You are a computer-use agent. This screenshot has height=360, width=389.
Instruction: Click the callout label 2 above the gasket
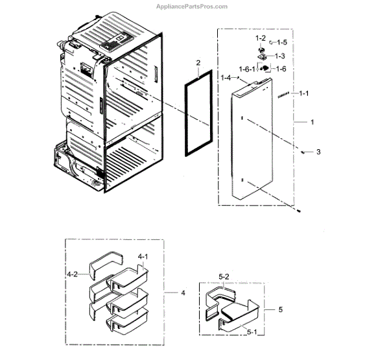click(x=198, y=64)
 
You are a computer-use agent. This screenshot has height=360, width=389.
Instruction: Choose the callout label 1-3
click(x=280, y=56)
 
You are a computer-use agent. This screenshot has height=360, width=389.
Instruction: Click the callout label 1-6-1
click(x=246, y=69)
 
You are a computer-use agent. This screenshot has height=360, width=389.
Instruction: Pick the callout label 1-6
click(x=281, y=69)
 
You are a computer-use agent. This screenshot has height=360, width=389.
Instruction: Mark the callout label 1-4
click(x=226, y=78)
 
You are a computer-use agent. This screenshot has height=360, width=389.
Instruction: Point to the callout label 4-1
click(x=143, y=257)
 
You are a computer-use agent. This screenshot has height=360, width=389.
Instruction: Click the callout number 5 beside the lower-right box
click(x=280, y=309)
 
